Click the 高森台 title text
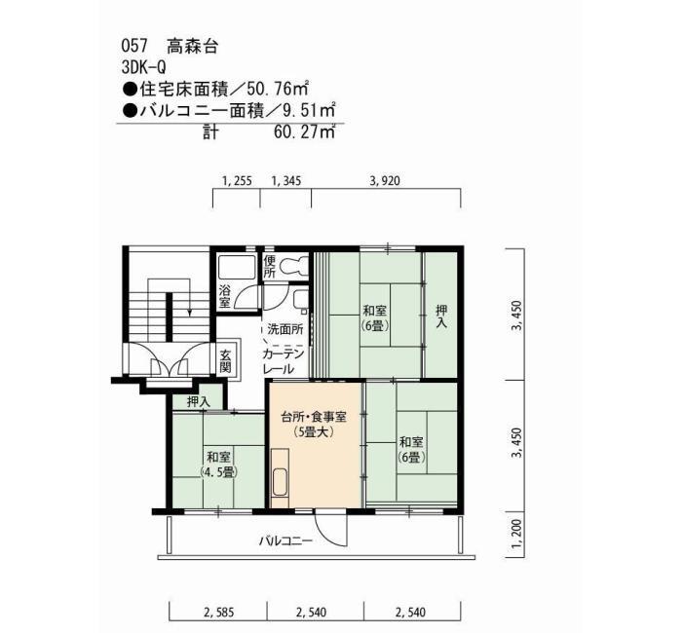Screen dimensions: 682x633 pyautogui.click(x=192, y=46)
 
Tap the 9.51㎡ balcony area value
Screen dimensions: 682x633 pyautogui.click(x=309, y=110)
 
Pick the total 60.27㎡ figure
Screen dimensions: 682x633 pyautogui.click(x=304, y=130)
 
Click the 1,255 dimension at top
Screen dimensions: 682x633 pyautogui.click(x=237, y=181)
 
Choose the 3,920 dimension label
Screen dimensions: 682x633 pyautogui.click(x=385, y=181)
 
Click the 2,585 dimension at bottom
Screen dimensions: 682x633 pyautogui.click(x=219, y=613)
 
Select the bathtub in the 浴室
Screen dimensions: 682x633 pyautogui.click(x=237, y=268)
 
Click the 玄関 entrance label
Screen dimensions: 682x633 pyautogui.click(x=225, y=361)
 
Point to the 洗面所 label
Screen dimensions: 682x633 pyautogui.click(x=285, y=329)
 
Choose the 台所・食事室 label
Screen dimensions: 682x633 pyautogui.click(x=314, y=418)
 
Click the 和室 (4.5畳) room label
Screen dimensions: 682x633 pyautogui.click(x=219, y=465)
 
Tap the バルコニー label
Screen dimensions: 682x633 pyautogui.click(x=285, y=541)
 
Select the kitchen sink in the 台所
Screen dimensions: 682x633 pyautogui.click(x=280, y=482)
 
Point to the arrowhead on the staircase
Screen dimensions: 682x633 pyautogui.click(x=189, y=313)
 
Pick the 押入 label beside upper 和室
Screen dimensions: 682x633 pyautogui.click(x=441, y=316)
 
